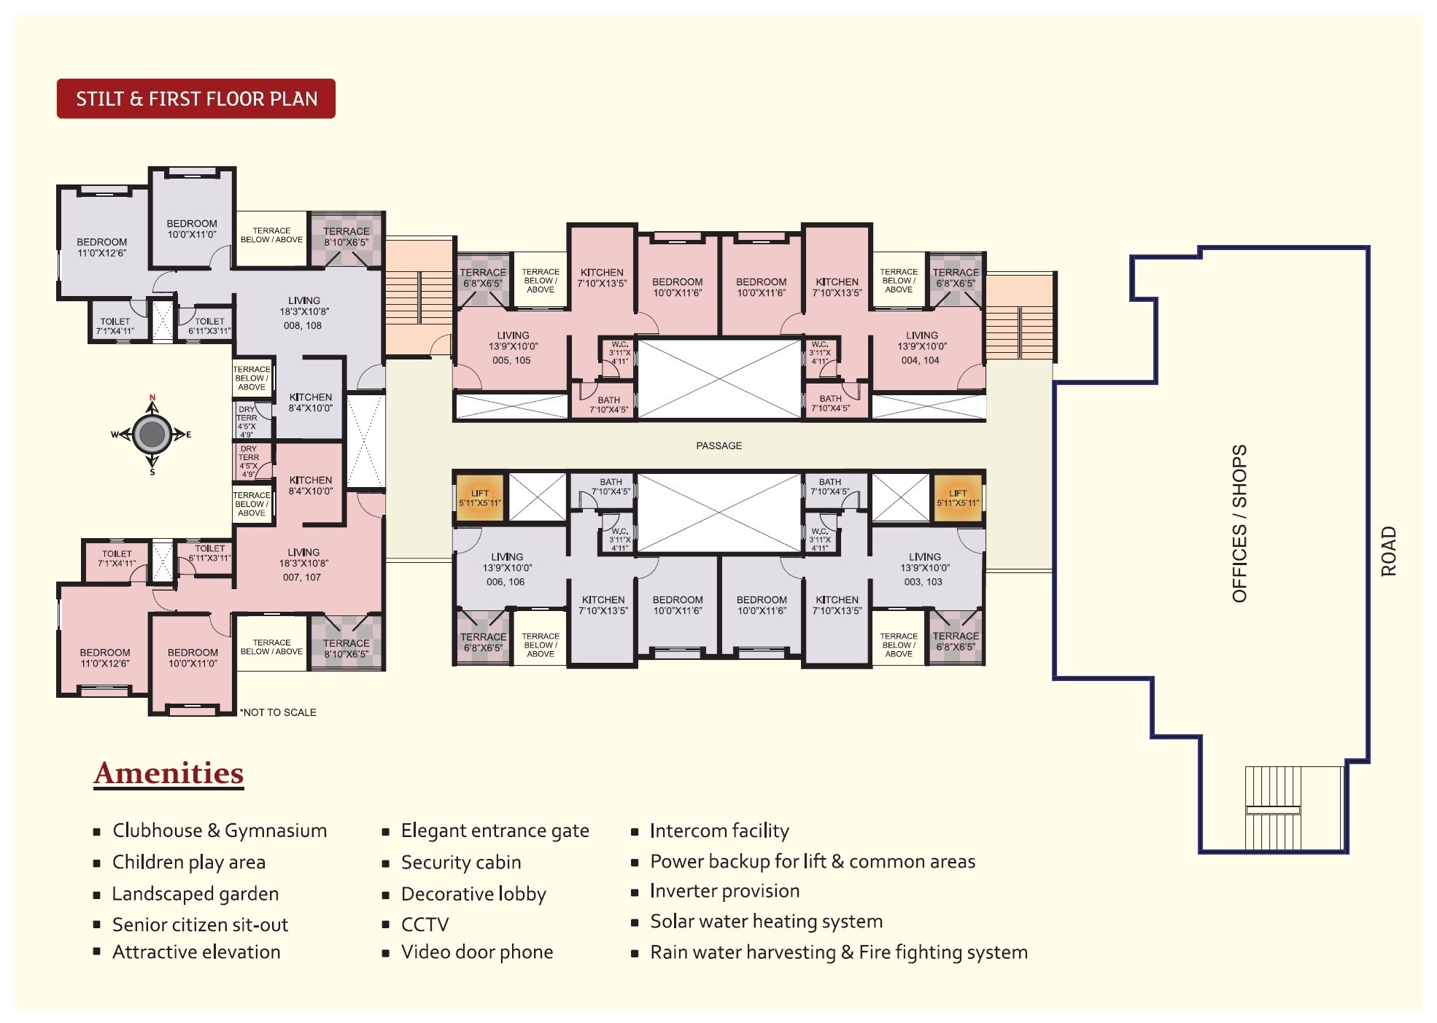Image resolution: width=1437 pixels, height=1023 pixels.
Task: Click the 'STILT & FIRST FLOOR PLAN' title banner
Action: click(195, 98)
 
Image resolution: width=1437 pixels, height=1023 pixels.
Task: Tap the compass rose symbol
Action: click(152, 434)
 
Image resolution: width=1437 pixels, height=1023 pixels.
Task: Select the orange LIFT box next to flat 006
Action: click(479, 498)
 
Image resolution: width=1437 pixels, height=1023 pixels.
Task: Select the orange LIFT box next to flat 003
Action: click(957, 498)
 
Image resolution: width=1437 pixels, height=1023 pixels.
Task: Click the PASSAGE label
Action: click(718, 446)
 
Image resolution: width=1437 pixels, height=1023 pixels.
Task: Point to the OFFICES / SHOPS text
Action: click(1239, 523)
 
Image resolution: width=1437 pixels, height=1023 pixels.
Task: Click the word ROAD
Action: click(1388, 551)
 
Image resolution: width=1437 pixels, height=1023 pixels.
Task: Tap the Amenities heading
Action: click(169, 773)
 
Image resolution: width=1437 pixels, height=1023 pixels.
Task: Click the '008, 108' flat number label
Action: click(303, 325)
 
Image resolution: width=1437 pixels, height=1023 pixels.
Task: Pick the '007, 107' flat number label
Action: click(302, 577)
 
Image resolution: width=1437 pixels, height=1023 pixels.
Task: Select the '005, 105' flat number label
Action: click(511, 360)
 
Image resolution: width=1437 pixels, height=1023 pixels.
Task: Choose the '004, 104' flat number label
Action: click(920, 360)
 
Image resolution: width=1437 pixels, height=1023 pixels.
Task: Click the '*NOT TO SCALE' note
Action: click(278, 712)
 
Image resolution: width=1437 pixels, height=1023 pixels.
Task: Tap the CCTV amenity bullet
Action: click(425, 925)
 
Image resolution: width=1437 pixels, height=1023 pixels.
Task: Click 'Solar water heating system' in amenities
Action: click(766, 922)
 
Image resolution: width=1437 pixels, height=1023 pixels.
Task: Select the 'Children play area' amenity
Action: click(188, 862)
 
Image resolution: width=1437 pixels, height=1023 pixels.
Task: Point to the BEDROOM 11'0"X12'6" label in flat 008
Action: click(102, 247)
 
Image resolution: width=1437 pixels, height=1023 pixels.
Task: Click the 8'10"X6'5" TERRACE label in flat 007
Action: click(346, 648)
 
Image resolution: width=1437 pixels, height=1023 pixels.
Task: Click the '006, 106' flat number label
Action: click(506, 582)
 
